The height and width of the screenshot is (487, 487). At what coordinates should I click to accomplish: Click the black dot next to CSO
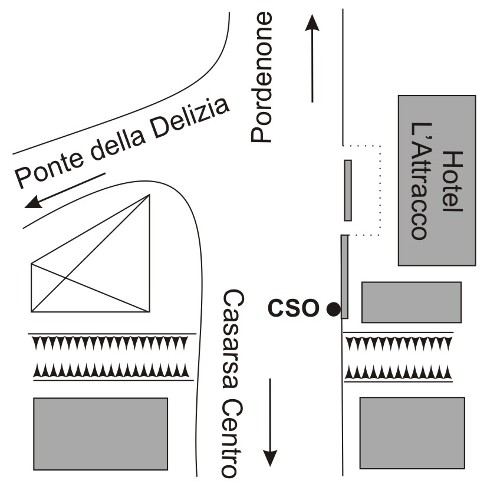[334, 308]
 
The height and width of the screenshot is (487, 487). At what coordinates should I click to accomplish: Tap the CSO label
[293, 307]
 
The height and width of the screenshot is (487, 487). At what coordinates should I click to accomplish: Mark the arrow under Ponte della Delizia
[65, 190]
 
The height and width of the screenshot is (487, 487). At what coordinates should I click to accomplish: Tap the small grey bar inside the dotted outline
[348, 190]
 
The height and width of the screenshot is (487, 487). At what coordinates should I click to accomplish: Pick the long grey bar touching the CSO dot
[344, 277]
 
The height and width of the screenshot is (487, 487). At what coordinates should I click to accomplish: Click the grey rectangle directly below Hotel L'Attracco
[411, 302]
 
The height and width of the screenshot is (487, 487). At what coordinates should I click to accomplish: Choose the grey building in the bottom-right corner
[412, 432]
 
